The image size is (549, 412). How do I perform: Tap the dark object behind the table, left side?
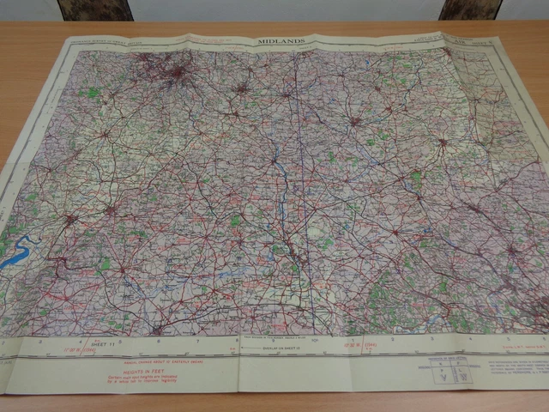pos(94,9)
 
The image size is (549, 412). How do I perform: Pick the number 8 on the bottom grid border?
pos(237,340)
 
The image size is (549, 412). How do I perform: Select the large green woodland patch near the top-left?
pos(90,92)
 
